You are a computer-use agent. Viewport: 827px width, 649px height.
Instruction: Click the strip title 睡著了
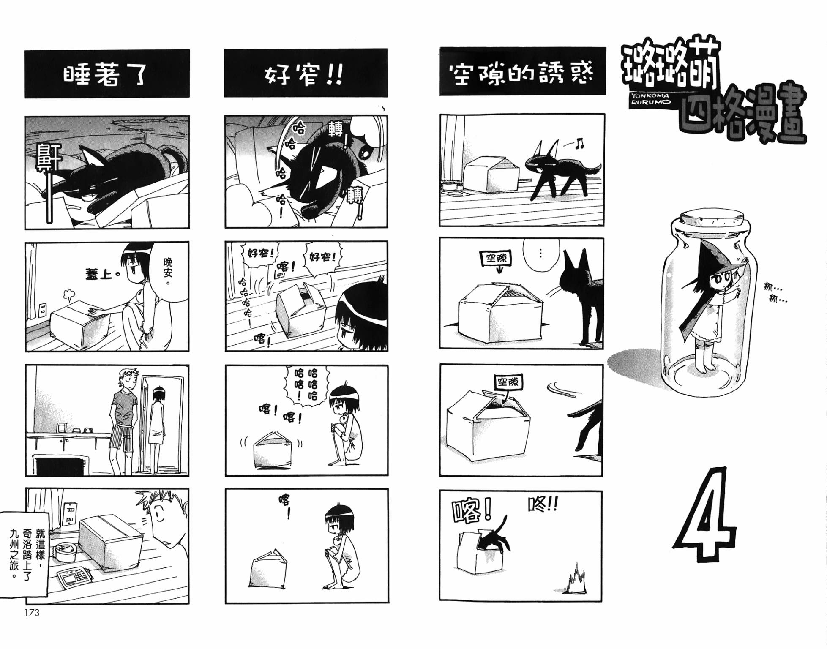click(105, 75)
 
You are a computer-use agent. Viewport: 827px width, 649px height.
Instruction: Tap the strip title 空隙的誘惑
click(522, 73)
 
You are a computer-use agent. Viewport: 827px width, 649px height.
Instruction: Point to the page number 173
click(32, 613)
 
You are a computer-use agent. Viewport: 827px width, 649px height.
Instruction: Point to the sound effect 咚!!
click(543, 504)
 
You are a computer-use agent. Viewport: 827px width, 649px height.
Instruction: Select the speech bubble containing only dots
click(541, 254)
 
